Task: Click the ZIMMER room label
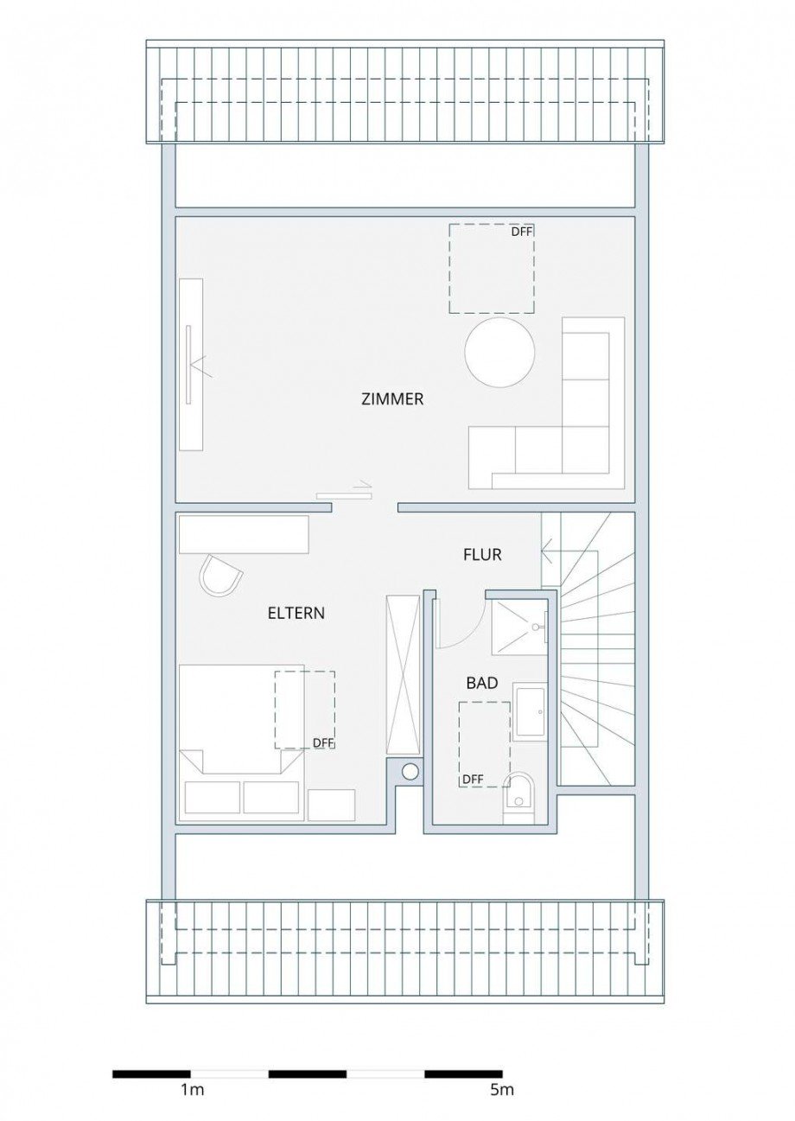point(392,399)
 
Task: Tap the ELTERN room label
point(296,613)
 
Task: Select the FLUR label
point(481,555)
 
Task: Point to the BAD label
point(481,683)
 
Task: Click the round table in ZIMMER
point(499,353)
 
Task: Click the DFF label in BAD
point(473,779)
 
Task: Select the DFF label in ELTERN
point(322,742)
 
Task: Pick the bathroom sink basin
point(529,712)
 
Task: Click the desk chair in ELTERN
point(221,576)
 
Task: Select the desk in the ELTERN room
point(244,534)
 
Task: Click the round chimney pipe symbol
point(410,771)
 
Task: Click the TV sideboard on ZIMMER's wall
point(191,363)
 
